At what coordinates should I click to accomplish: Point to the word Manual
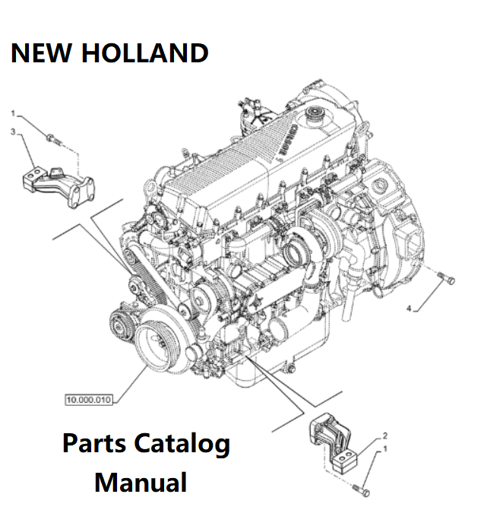click(141, 482)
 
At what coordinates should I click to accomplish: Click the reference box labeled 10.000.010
click(86, 398)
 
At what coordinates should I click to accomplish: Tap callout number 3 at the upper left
click(13, 131)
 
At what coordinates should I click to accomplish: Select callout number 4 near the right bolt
click(409, 309)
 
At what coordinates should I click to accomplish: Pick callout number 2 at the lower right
click(385, 436)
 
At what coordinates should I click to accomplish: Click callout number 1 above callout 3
click(13, 114)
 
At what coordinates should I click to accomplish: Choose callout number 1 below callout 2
click(385, 450)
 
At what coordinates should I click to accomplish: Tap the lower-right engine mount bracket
click(333, 448)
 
